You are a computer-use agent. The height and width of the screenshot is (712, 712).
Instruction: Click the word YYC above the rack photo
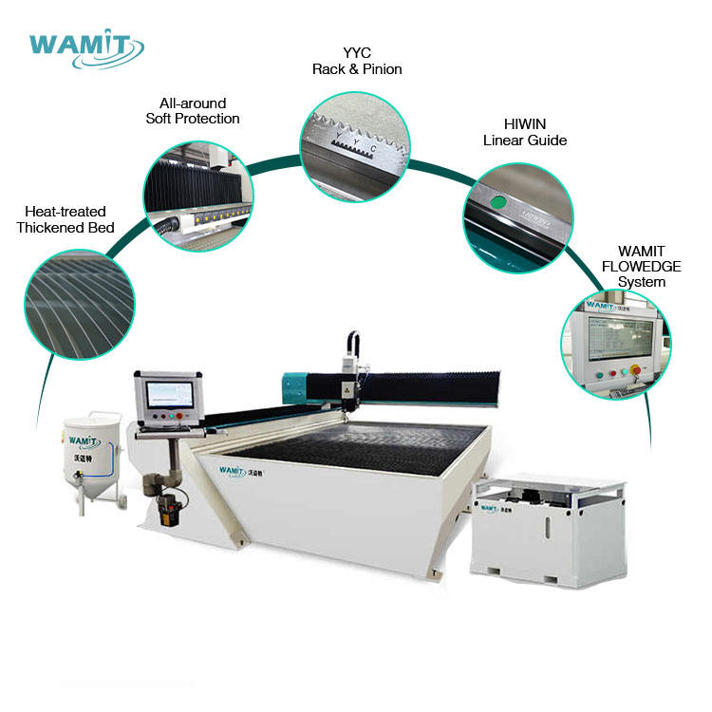pyautogui.click(x=357, y=54)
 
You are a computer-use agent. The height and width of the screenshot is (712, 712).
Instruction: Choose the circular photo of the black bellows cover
pyautogui.click(x=196, y=196)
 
